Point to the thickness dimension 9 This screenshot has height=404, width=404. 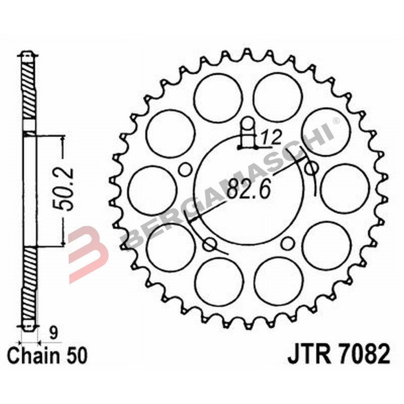pos(52,332)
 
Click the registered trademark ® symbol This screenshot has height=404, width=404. pos(335,122)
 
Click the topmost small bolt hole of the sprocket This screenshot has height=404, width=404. pos(247,124)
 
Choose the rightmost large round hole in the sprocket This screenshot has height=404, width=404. pos(344,188)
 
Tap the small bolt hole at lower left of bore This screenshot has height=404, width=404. pos(209,245)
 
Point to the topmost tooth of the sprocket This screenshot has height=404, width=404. pos(247,53)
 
